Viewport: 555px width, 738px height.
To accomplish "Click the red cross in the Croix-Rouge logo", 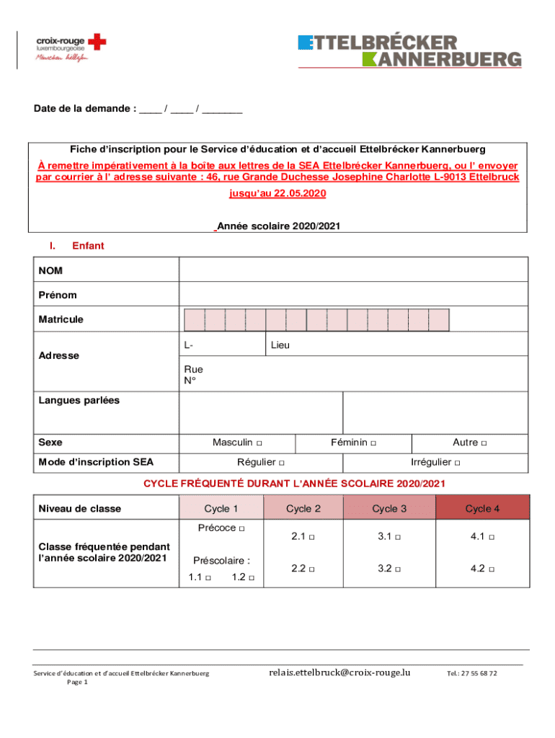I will pos(97,43).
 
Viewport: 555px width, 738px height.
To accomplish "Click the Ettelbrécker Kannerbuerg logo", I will pos(409,50).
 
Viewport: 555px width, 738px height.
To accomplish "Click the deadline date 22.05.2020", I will pos(297,194).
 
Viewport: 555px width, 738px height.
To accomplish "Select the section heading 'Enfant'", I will pos(88,246).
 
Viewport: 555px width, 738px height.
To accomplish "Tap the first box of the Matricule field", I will pos(195,320).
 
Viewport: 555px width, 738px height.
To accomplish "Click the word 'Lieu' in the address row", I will pos(280,345).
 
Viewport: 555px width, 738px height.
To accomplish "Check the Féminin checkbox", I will pos(373,443).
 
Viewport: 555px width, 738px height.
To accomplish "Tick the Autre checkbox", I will pos(484,443).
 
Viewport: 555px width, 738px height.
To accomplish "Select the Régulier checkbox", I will pos(282,463).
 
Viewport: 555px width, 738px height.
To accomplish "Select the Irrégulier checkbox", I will pos(457,463).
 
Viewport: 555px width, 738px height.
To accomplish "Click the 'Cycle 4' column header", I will pos(482,509).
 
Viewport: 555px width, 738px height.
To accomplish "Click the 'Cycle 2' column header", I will pos(303,509).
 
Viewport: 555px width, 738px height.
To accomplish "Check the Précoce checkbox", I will pos(241,529).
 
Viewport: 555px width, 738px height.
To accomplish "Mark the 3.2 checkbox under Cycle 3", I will pos(399,569).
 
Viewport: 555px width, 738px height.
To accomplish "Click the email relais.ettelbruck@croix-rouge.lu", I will pos(339,672).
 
